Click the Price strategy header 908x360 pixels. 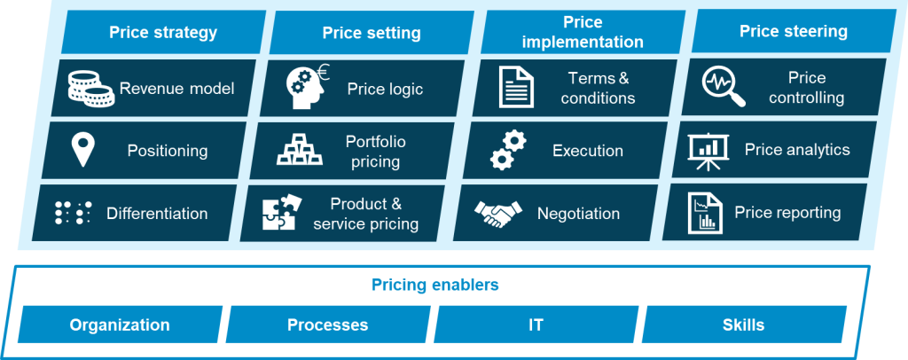(163, 33)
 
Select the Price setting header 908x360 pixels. (372, 33)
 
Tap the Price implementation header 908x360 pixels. (582, 31)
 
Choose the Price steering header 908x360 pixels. (793, 31)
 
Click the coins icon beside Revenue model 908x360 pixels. (90, 88)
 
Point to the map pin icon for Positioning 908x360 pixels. (83, 151)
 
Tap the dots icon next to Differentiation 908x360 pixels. (74, 213)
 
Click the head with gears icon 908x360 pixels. (306, 87)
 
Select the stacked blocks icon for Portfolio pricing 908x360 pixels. (300, 151)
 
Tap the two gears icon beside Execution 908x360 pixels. (508, 152)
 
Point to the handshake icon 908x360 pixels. (498, 213)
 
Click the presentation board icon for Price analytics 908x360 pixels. (709, 152)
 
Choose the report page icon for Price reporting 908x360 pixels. (705, 213)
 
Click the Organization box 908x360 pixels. (120, 325)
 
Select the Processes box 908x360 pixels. (327, 325)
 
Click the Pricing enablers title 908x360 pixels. (434, 286)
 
